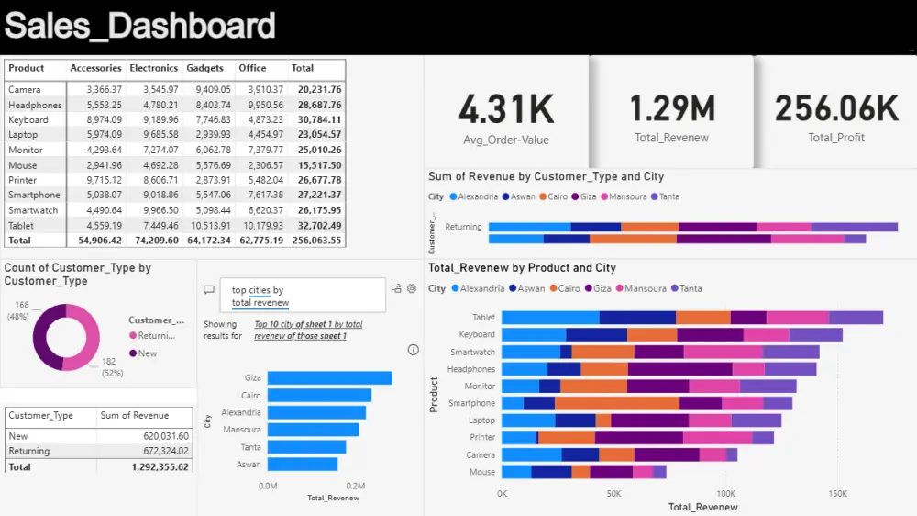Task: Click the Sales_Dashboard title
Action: [x=139, y=26]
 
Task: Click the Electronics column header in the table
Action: [x=153, y=68]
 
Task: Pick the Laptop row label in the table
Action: [x=23, y=135]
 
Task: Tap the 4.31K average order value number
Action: [x=506, y=110]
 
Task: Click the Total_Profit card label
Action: [x=836, y=139]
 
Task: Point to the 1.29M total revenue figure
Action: [x=672, y=109]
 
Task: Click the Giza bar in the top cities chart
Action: [x=330, y=378]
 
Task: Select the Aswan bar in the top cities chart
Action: [x=303, y=465]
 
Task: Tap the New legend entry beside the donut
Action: [x=147, y=353]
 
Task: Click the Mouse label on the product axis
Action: [x=482, y=472]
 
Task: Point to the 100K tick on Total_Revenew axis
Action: [x=725, y=493]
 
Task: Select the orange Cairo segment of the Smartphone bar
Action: [x=617, y=403]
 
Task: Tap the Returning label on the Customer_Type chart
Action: [x=463, y=227]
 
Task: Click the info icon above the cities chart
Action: [x=413, y=350]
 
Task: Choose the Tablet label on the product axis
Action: [x=482, y=318]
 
